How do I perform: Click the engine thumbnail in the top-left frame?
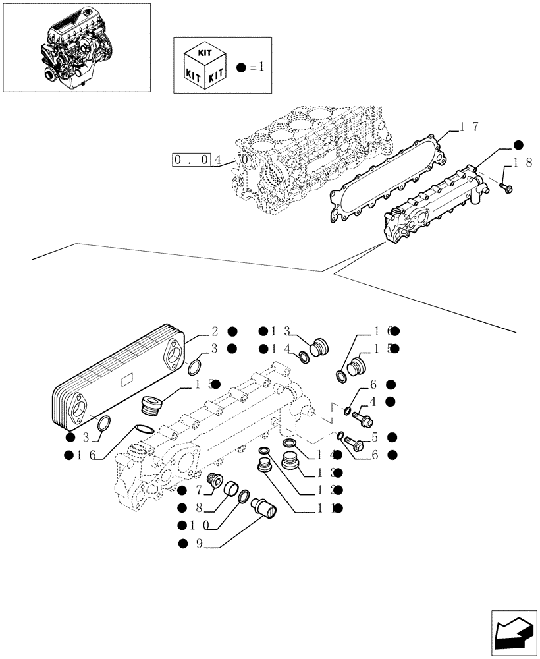pos(76,47)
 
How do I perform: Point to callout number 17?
pos(469,127)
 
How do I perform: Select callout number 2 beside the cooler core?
pos(215,331)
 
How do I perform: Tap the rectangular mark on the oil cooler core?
pos(127,380)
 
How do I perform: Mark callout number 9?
pos(197,544)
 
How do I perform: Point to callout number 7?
pos(197,490)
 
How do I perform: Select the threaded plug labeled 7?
pos(214,483)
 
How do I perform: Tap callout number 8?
pos(197,507)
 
